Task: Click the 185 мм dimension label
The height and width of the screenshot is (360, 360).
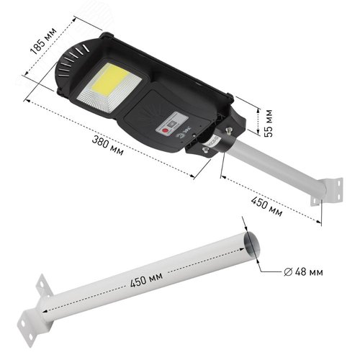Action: (x=43, y=40)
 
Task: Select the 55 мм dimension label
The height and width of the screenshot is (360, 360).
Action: (x=269, y=123)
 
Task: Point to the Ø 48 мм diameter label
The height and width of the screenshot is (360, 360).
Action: (x=303, y=272)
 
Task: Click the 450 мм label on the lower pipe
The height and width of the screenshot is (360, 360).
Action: (x=146, y=279)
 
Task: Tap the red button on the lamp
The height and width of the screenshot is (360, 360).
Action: (x=165, y=131)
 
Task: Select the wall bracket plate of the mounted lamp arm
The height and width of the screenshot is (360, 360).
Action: (x=327, y=192)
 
